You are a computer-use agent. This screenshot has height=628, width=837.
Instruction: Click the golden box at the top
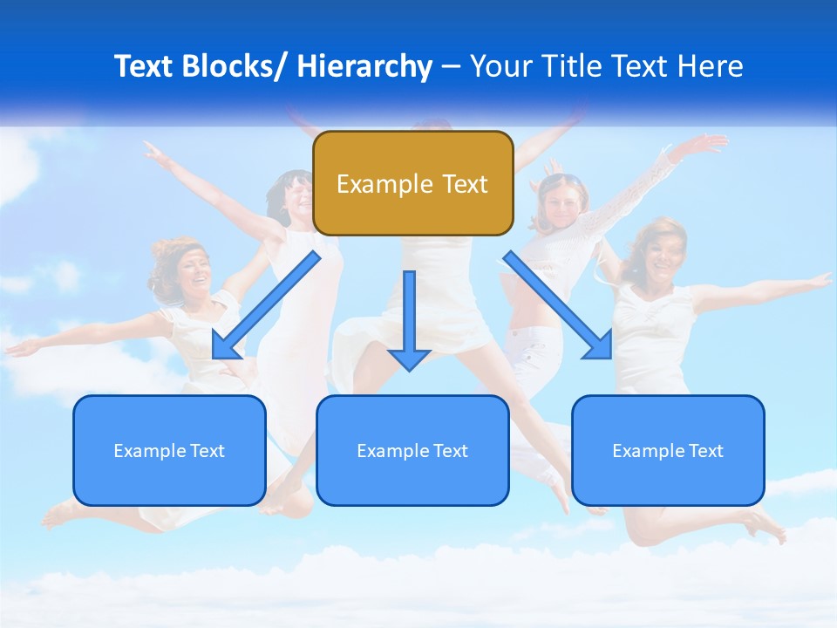tap(412, 183)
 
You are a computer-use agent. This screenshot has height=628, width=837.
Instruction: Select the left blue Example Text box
tap(169, 450)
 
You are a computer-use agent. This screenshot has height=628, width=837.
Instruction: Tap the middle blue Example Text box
tap(412, 450)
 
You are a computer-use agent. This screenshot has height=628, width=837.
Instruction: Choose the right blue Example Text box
tap(668, 450)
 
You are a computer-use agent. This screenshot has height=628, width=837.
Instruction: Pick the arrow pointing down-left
tap(265, 305)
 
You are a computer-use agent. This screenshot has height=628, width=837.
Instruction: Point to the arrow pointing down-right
tap(558, 305)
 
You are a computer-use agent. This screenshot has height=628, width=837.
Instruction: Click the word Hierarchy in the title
tap(364, 66)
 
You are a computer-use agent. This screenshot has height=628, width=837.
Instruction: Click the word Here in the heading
tap(711, 66)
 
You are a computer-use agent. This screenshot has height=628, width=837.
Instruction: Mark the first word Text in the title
tap(142, 66)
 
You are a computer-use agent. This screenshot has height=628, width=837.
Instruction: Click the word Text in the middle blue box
tap(449, 451)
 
